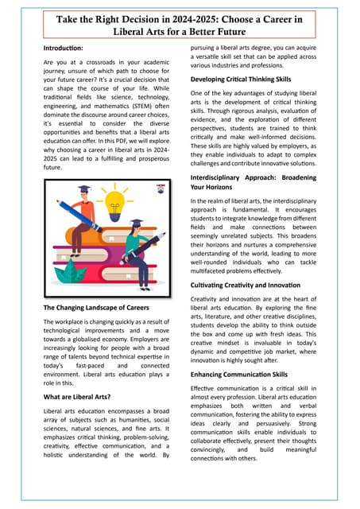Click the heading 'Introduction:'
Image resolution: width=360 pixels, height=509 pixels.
(x=66, y=49)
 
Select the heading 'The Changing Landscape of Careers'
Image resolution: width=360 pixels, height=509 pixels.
(x=96, y=307)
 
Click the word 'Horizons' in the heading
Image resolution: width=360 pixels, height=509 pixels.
(x=221, y=187)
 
